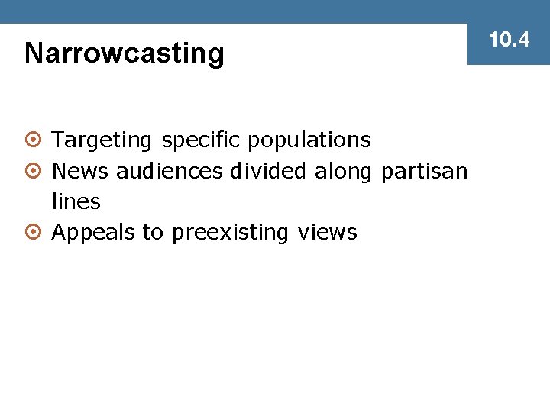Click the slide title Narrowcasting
tap(125, 53)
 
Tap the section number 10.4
tap(509, 40)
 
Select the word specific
tap(200, 141)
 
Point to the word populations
tap(309, 141)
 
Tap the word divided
tap(267, 171)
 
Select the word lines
tap(76, 201)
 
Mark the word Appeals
tap(93, 233)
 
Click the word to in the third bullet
tap(153, 233)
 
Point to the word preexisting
tap(231, 233)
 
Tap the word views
tap(327, 233)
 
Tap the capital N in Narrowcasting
tap(34, 53)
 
